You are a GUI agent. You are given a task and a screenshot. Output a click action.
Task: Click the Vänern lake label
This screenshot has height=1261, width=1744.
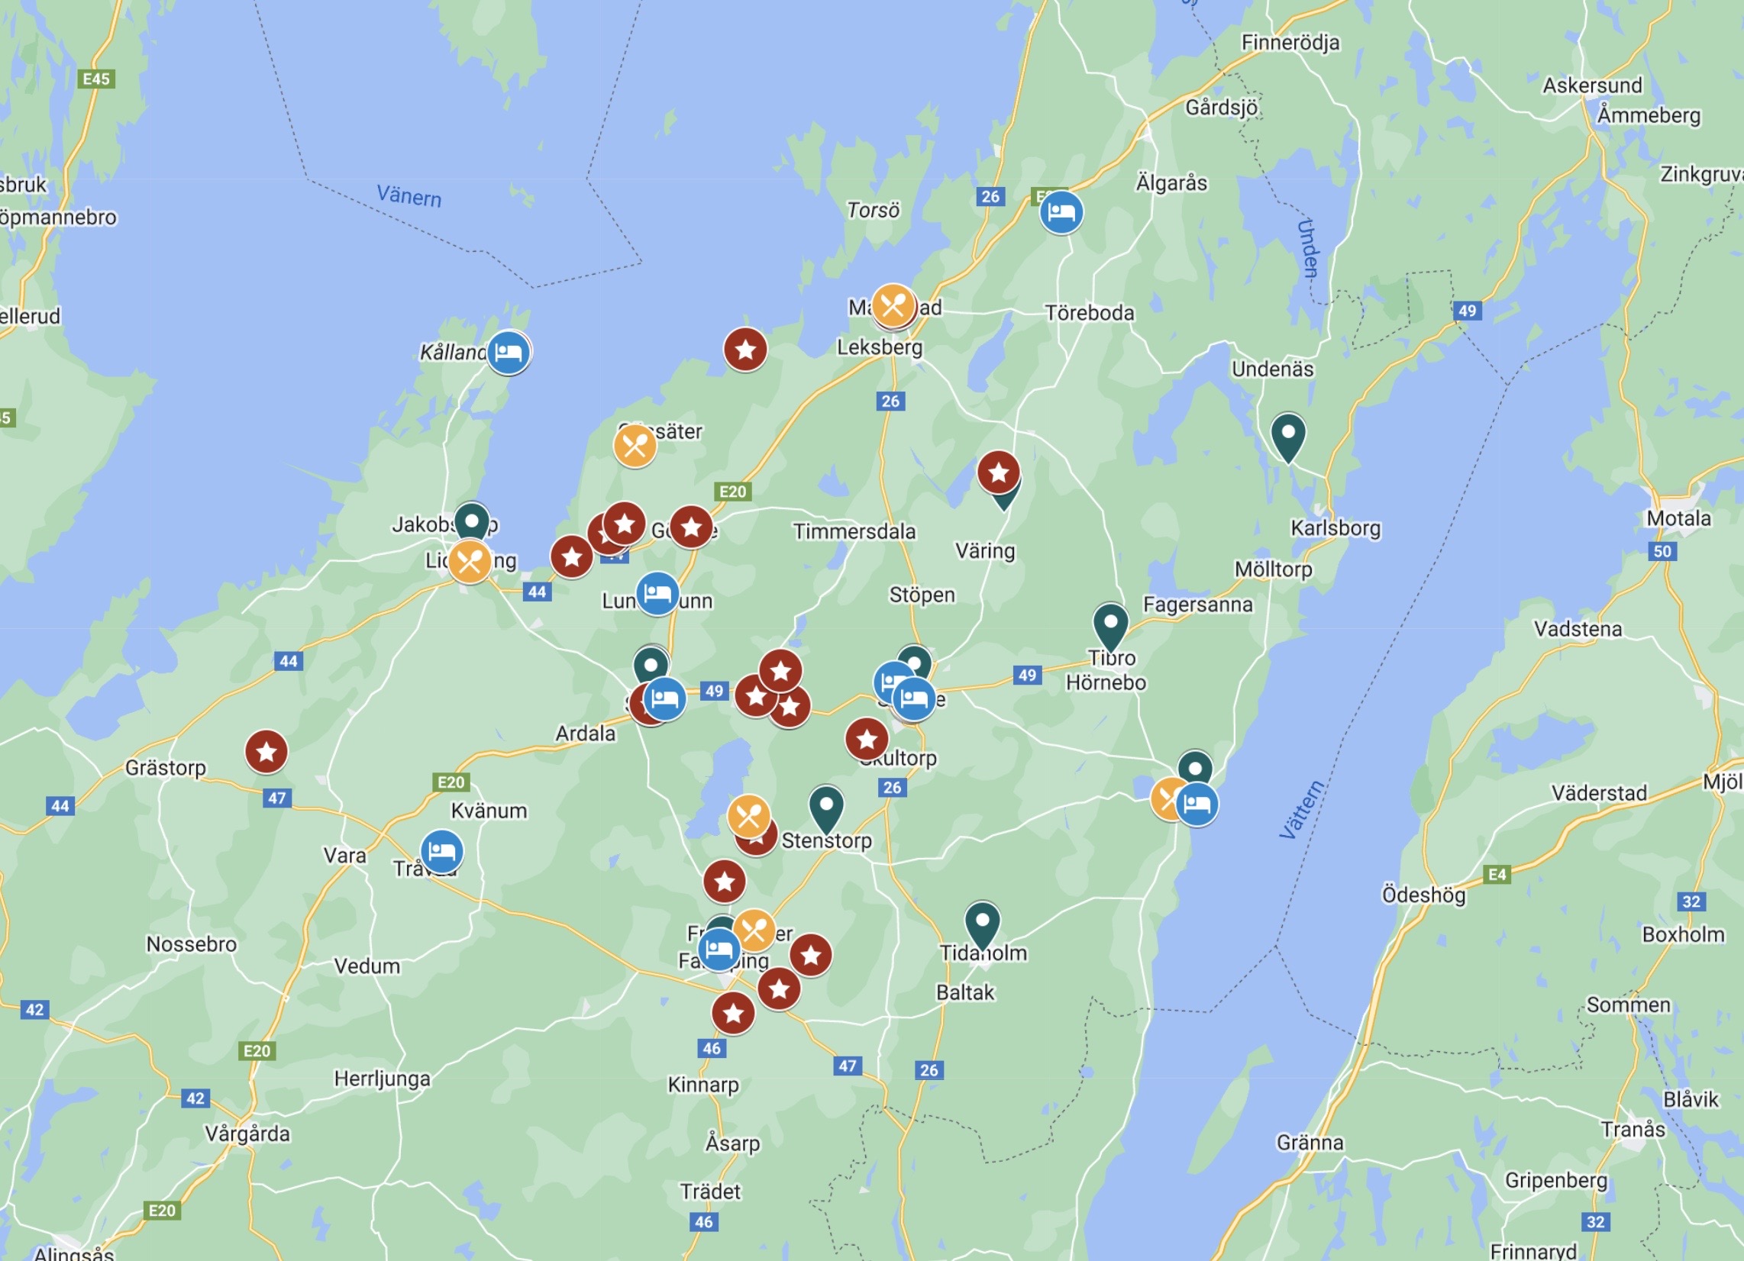(409, 196)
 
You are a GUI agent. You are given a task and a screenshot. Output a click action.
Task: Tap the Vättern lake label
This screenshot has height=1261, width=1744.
(1301, 809)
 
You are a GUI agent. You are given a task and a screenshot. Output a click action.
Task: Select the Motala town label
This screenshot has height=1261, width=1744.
(1678, 518)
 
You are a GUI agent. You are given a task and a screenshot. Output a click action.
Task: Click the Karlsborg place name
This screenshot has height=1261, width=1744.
(1335, 528)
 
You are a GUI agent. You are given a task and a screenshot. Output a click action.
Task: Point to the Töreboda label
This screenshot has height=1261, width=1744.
(1089, 313)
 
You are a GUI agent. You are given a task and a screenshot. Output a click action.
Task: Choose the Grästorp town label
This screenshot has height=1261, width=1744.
(166, 767)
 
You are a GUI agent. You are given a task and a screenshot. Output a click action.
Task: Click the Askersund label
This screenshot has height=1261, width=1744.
(1592, 85)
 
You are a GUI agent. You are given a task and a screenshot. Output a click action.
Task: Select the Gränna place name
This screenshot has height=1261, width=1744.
(1310, 1143)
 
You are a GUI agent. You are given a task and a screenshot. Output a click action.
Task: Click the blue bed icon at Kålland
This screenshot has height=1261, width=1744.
(509, 352)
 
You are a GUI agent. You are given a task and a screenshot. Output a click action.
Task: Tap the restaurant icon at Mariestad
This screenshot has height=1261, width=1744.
(893, 306)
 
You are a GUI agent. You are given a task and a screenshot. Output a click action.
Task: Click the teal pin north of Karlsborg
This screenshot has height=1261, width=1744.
(1288, 435)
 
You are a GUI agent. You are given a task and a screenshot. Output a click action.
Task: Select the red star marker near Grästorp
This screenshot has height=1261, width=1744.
(266, 751)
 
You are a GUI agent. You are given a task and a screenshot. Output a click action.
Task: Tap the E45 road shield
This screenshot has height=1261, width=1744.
(96, 79)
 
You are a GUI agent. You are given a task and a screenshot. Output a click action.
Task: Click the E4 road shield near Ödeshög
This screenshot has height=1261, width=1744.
(1497, 874)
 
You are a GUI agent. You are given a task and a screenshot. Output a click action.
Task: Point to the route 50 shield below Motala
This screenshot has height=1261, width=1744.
(1662, 551)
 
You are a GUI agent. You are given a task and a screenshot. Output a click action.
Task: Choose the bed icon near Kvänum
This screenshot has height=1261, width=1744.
(441, 851)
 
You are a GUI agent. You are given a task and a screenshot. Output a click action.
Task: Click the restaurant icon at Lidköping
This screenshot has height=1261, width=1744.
(469, 561)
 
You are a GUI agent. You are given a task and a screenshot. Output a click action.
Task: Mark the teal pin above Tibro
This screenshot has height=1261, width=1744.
(1110, 624)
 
